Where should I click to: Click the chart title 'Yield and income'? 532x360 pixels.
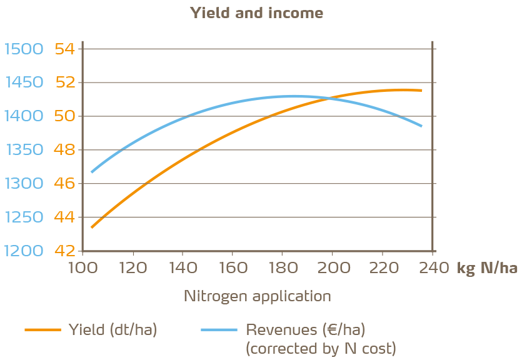(257, 13)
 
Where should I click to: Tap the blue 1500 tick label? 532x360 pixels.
(23, 49)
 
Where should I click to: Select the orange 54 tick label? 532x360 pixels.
(64, 49)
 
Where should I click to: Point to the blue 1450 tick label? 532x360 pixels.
(23, 82)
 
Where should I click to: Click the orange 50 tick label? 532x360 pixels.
(64, 116)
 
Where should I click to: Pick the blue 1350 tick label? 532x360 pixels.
(23, 150)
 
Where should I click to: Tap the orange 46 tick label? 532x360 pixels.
(64, 184)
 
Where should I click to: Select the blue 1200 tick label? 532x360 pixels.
(23, 251)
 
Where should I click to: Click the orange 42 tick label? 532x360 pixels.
(64, 251)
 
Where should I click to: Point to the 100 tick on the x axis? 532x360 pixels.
(83, 268)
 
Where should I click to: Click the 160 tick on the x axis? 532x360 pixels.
(232, 268)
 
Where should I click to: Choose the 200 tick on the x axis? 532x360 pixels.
(332, 268)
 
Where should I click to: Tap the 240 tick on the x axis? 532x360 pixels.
(431, 268)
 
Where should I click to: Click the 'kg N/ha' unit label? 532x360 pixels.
(487, 269)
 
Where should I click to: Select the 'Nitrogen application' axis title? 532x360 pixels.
(257, 296)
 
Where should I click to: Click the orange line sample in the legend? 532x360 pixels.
(43, 329)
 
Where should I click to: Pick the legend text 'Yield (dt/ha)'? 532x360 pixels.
(113, 329)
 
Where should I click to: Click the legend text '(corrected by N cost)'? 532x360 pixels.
(321, 348)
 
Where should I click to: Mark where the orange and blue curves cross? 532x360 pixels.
(328, 98)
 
